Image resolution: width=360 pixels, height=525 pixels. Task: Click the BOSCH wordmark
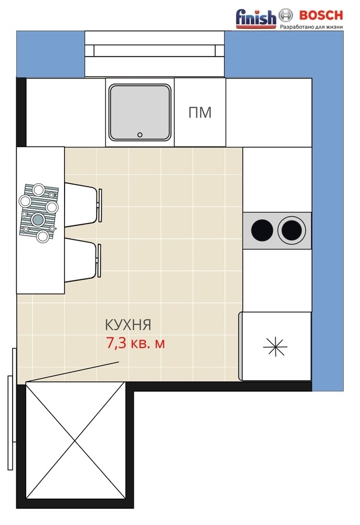[321, 15]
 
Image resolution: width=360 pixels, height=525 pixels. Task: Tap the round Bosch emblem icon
[285, 15]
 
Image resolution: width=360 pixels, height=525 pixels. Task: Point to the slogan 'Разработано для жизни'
[311, 26]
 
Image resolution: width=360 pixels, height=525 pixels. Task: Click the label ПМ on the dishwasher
[200, 112]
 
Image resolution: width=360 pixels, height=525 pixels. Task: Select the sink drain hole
[140, 135]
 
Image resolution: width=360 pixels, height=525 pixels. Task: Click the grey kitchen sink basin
[140, 112]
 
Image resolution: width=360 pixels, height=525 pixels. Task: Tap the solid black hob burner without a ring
[262, 230]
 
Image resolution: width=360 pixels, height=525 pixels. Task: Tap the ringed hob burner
[291, 230]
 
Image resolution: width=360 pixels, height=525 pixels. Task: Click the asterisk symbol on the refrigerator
[275, 346]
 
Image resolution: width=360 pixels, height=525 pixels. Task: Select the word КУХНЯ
[128, 325]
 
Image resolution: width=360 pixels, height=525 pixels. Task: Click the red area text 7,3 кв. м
[135, 343]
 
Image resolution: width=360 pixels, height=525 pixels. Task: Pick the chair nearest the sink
[83, 205]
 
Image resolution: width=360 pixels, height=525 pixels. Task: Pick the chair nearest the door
[82, 260]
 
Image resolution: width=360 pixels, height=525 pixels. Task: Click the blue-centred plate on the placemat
[38, 219]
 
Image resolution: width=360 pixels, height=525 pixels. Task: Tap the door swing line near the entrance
[72, 371]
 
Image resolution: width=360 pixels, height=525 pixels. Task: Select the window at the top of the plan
[154, 54]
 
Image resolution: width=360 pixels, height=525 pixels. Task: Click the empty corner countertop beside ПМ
[269, 112]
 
